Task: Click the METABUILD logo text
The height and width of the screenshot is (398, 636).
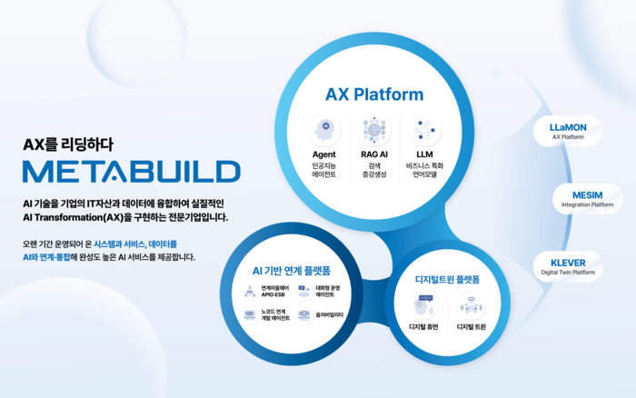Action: (x=131, y=172)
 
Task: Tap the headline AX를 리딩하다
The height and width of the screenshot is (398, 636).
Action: (x=69, y=143)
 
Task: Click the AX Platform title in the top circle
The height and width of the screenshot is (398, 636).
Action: (x=374, y=94)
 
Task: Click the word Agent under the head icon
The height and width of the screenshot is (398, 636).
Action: (x=324, y=154)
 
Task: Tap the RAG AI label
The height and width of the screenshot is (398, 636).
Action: (x=374, y=154)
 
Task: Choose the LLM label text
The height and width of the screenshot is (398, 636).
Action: (x=423, y=154)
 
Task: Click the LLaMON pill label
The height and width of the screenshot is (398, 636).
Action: (x=568, y=131)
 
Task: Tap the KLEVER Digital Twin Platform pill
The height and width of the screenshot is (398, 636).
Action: (x=568, y=265)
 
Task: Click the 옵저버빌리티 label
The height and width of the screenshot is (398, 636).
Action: (x=328, y=315)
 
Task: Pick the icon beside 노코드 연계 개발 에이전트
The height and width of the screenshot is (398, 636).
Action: (x=250, y=315)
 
